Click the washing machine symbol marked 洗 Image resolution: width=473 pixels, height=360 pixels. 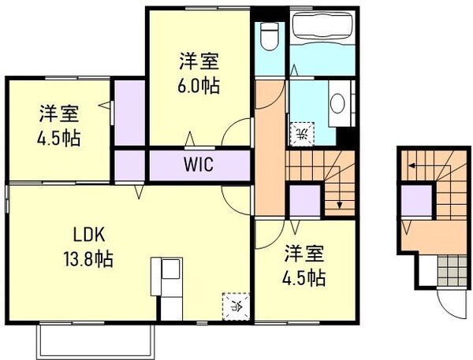[x=301, y=134]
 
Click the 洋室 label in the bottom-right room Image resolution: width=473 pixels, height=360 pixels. [x=304, y=254]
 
